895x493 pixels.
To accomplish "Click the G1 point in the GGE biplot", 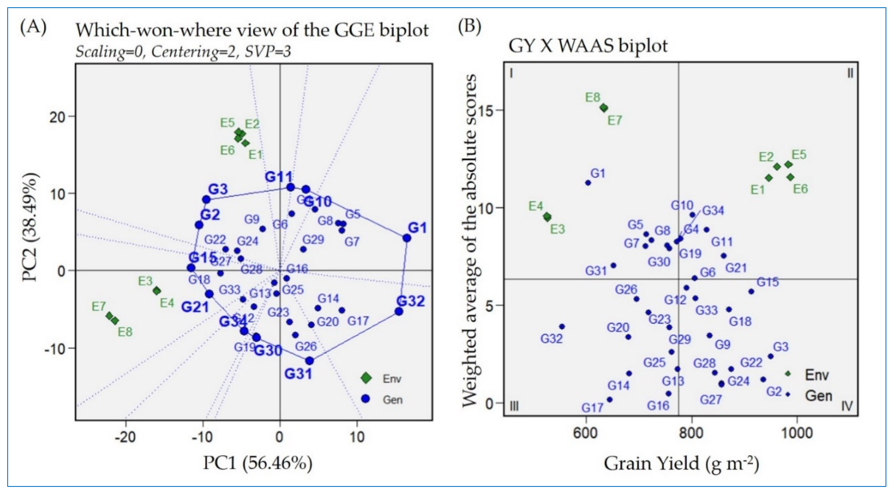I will (x=407, y=238).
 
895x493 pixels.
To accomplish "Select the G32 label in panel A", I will (x=411, y=301).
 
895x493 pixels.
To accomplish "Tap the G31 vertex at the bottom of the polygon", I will (x=309, y=361).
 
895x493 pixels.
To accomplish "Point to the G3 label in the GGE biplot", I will (x=218, y=189).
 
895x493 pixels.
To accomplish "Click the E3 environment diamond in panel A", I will (x=157, y=291).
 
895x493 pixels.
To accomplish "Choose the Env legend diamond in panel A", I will (x=366, y=378).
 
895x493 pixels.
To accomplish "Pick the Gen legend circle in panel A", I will (x=366, y=399).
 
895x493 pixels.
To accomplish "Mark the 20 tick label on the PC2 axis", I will (x=58, y=116).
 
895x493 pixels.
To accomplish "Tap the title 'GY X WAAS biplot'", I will (x=588, y=46).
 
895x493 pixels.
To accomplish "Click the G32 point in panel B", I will (x=562, y=326).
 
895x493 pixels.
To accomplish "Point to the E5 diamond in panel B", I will (x=788, y=164).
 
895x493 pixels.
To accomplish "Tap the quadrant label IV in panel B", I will (x=847, y=406).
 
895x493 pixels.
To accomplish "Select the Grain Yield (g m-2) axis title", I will (x=681, y=463).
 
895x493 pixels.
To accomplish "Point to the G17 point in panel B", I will (x=609, y=400).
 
